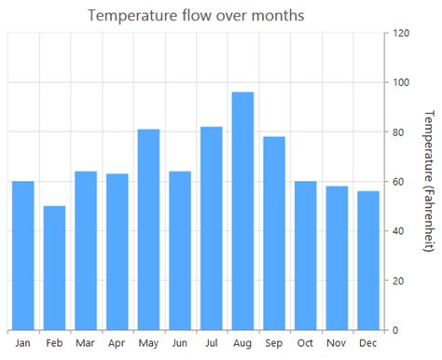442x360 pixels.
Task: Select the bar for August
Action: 242,211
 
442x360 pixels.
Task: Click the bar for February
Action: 54,268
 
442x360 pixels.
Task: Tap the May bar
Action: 148,229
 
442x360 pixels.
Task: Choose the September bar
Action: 274,233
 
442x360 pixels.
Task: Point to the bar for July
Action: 211,228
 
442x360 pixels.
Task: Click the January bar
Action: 23,256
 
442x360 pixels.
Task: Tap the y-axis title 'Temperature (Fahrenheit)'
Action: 428,181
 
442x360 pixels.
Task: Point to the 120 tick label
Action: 402,34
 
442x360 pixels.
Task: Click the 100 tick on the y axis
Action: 402,83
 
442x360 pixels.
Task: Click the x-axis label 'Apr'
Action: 117,343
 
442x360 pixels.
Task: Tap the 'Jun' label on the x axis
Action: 180,343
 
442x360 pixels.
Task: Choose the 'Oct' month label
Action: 305,343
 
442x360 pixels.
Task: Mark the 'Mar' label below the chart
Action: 86,343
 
